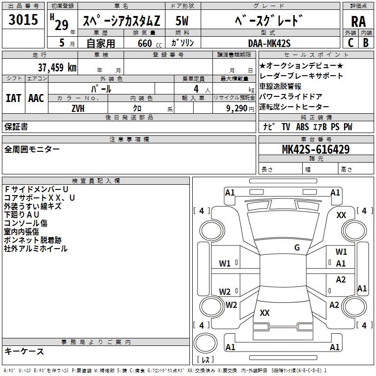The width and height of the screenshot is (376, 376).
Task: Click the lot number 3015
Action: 23,20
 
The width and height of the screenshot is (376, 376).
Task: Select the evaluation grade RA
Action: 358,21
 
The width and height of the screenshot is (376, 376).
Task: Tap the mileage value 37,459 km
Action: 57,67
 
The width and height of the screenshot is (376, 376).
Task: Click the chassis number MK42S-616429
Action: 315,150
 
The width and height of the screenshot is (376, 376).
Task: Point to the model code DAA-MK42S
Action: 269,43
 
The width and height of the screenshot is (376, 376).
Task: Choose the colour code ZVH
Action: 78,108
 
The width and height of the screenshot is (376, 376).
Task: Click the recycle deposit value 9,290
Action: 237,108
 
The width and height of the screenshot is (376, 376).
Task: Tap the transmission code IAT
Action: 13,98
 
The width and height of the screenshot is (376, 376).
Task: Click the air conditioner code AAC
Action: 36,98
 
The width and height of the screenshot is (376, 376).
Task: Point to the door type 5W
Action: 182,21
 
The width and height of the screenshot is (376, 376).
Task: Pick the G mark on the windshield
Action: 297,248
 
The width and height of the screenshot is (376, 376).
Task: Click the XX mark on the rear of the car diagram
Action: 265,313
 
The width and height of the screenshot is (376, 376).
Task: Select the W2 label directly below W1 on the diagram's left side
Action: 225,291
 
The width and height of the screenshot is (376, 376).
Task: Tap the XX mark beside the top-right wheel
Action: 341,215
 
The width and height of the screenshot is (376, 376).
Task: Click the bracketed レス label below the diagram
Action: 205,360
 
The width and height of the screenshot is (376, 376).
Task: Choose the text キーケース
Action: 24,351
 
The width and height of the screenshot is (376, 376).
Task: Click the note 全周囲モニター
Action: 32,149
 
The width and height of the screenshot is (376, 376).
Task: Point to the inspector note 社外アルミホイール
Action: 36,249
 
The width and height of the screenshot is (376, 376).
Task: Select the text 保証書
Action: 16,126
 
